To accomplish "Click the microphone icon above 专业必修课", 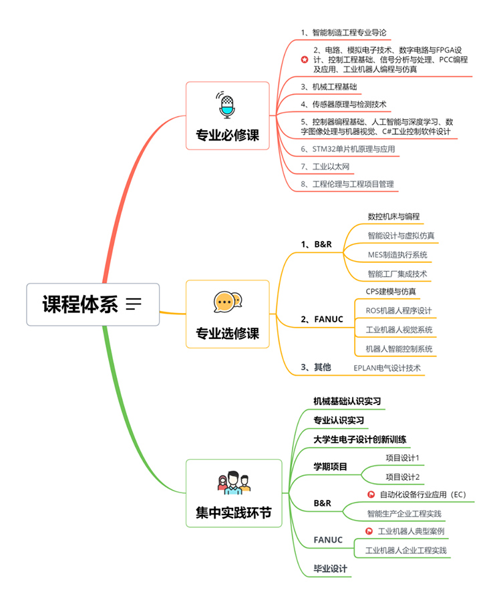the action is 226,104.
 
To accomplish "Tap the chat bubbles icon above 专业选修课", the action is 228,302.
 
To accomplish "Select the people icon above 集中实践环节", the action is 234,483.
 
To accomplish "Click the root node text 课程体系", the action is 80,304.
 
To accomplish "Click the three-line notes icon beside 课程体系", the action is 134,304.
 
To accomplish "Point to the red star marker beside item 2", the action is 305,59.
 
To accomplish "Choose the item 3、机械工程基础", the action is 329,87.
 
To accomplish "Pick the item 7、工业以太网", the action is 325,167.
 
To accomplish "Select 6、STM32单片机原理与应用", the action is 348,149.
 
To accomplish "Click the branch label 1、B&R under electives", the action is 316,244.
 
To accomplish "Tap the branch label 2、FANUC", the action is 322,319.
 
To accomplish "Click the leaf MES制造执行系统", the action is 397,255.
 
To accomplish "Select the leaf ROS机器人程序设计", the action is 399,311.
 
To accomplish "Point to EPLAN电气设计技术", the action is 387,368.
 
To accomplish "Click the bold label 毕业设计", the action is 331,569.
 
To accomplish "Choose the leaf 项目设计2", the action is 403,477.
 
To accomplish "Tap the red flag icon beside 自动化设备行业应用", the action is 371,495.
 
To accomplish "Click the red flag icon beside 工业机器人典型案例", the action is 369,531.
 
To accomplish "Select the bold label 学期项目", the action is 331,467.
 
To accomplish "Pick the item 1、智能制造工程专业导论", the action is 343,33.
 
